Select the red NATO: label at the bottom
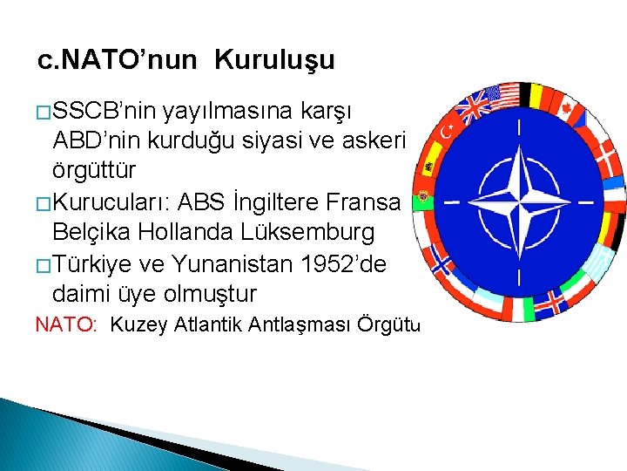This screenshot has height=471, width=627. (x=64, y=325)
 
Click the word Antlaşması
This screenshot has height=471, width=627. (x=294, y=325)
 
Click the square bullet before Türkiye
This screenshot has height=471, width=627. (x=43, y=264)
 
